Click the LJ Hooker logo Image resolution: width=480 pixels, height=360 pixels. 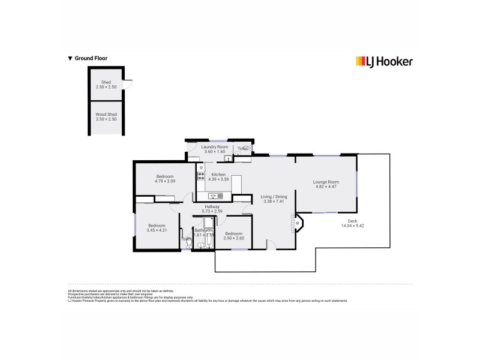(384, 61)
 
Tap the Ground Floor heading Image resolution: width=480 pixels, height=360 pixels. (88, 59)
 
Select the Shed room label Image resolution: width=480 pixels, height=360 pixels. (106, 82)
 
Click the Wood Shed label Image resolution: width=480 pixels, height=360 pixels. (106, 114)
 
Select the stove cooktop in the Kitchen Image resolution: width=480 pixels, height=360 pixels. (200, 176)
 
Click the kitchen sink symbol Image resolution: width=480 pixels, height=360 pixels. (214, 196)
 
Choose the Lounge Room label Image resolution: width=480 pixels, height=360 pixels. (326, 182)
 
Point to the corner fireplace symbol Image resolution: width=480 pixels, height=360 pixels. (298, 224)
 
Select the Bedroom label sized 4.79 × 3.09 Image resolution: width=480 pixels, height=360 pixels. (164, 176)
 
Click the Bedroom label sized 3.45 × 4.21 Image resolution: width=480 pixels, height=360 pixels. (156, 226)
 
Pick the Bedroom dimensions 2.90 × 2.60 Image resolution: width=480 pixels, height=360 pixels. (234, 238)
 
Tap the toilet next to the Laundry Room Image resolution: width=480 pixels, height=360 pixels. (245, 148)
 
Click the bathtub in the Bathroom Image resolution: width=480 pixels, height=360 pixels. (208, 226)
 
